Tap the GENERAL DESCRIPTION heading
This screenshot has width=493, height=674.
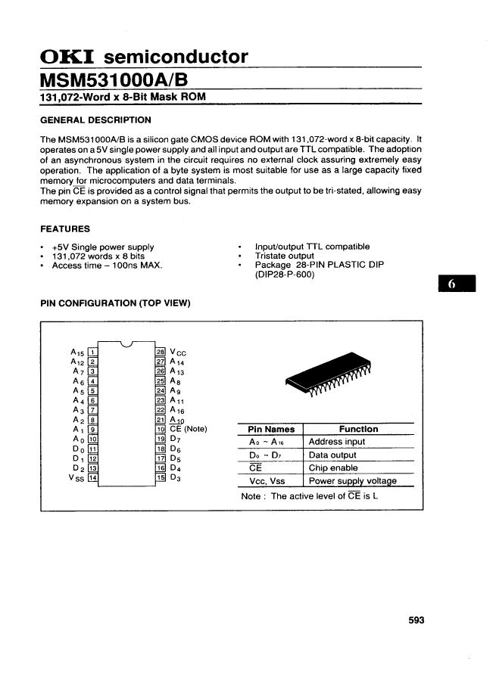(95, 120)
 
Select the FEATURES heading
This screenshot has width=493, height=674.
(65, 228)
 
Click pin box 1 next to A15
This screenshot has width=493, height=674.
(92, 351)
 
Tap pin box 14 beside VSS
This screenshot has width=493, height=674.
(92, 479)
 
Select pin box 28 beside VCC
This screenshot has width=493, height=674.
(160, 351)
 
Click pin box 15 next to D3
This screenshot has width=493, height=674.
(160, 479)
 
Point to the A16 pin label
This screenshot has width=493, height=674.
(178, 410)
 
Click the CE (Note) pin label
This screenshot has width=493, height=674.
(188, 430)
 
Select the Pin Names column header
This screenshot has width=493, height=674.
(271, 429)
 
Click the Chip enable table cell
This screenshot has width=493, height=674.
(332, 467)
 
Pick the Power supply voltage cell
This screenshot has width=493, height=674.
(352, 480)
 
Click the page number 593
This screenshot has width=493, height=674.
(416, 620)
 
